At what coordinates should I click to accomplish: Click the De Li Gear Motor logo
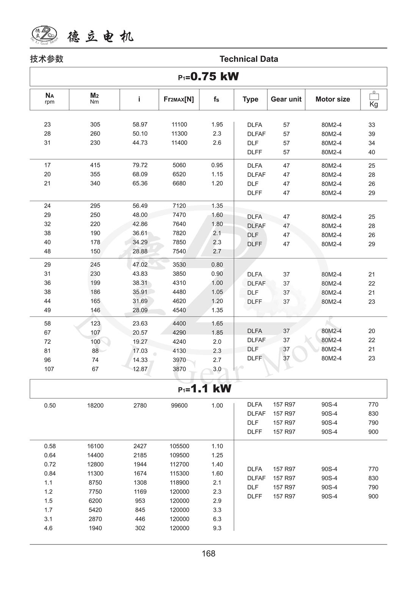[x=44, y=35]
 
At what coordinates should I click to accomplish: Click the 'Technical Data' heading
[x=249, y=59]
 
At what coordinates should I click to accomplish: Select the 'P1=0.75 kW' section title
[x=208, y=77]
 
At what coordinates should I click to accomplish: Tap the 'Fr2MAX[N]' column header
[x=179, y=99]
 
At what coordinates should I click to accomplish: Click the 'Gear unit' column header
[x=286, y=99]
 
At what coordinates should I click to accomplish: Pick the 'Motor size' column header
[x=332, y=99]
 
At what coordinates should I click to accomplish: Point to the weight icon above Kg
[x=374, y=96]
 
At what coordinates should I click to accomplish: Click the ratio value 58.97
[x=140, y=124]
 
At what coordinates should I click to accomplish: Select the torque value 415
[x=95, y=165]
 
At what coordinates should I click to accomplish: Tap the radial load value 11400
[x=179, y=143]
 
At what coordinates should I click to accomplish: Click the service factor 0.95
[x=217, y=165]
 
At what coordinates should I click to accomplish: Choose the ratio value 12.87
[x=140, y=369]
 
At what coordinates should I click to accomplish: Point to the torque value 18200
[x=95, y=406]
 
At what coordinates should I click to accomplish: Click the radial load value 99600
[x=179, y=406]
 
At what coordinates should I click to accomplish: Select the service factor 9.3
[x=217, y=528]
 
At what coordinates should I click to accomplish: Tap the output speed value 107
[x=49, y=369]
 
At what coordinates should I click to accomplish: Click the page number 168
[x=208, y=554]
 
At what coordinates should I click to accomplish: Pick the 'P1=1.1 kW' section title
[x=205, y=389]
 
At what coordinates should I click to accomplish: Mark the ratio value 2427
[x=140, y=446]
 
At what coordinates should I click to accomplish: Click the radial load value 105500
[x=179, y=446]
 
